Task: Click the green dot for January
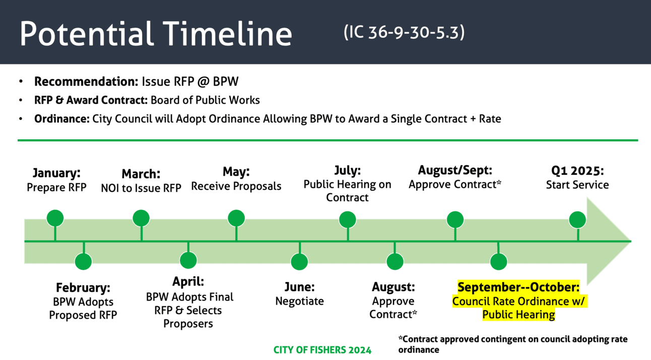[55, 218]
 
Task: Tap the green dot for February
[84, 262]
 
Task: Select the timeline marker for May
[236, 218]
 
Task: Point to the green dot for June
[299, 262]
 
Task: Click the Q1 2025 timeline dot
[577, 220]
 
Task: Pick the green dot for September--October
[499, 262]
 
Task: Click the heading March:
[141, 174]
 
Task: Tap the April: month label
[188, 281]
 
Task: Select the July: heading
[347, 170]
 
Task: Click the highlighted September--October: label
[518, 287]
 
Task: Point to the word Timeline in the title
[227, 34]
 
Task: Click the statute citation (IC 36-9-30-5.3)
[404, 32]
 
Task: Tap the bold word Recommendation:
[86, 81]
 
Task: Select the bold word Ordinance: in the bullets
[62, 119]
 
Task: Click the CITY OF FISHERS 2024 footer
[322, 350]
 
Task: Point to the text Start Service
[577, 185]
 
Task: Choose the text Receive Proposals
[236, 186]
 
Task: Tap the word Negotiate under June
[299, 302]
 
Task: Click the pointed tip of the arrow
[631, 241]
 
